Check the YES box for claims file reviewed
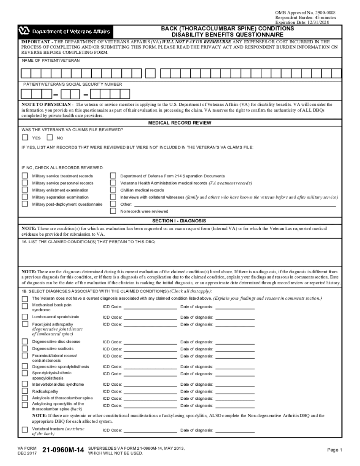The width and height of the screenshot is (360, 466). pyautogui.click(x=25, y=138)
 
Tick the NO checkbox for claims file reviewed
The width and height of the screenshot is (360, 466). pyautogui.click(x=49, y=138)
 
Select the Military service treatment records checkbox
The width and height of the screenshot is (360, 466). pyautogui.click(x=25, y=176)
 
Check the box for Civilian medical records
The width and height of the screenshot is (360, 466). pyautogui.click(x=113, y=190)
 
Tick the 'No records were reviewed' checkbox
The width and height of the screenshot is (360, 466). pyautogui.click(x=113, y=211)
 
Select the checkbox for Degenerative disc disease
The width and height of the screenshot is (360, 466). pyautogui.click(x=25, y=341)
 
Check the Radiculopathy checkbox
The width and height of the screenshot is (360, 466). pyautogui.click(x=25, y=391)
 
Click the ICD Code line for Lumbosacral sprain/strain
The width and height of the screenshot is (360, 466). pyautogui.click(x=150, y=317)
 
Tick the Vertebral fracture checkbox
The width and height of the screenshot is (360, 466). pyautogui.click(x=25, y=430)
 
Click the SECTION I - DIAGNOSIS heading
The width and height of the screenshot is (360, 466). pyautogui.click(x=179, y=220)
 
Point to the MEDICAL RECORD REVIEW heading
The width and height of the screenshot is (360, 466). pyautogui.click(x=180, y=123)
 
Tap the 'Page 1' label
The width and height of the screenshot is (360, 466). pyautogui.click(x=334, y=450)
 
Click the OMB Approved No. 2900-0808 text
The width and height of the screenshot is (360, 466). pyautogui.click(x=305, y=13)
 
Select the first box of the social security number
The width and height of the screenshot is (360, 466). pyautogui.click(x=26, y=94)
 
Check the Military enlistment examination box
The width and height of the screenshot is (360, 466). pyautogui.click(x=25, y=190)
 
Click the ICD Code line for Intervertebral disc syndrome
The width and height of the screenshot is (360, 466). pyautogui.click(x=150, y=385)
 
